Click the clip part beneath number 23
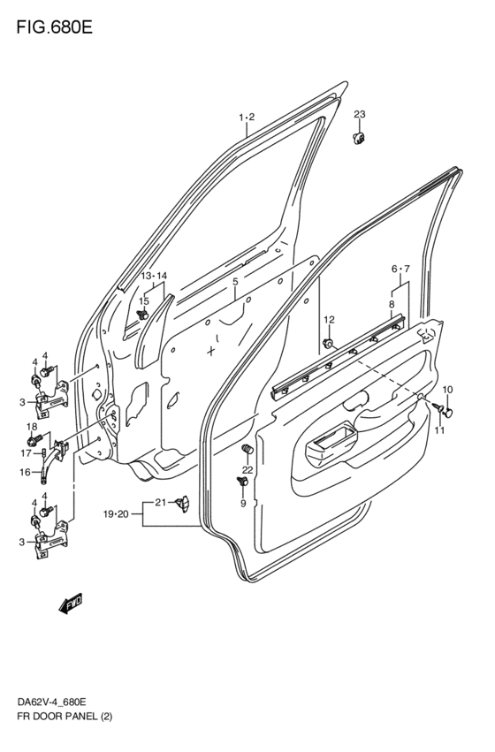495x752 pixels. point(360,137)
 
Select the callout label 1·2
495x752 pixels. point(246,118)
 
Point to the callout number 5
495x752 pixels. point(235,282)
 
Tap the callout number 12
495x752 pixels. point(329,319)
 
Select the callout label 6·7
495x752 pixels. point(401,269)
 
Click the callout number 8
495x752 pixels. point(392,303)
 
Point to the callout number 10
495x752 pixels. point(446,390)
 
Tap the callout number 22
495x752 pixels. point(247,469)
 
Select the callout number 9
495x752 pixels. point(242,504)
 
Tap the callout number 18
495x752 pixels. point(31,426)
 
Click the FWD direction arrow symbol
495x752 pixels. point(72,604)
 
